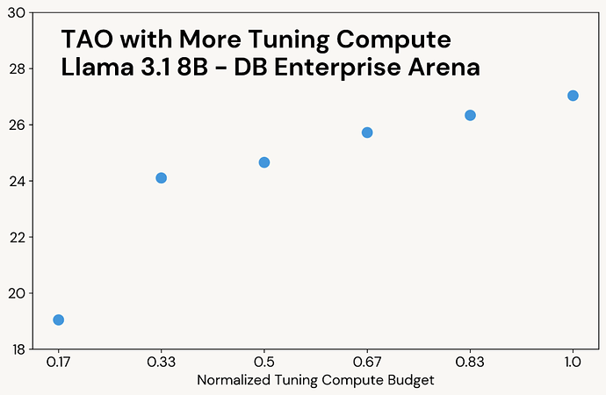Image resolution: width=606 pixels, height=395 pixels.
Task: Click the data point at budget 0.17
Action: coord(59,320)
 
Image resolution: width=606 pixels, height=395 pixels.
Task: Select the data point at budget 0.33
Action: coord(161,178)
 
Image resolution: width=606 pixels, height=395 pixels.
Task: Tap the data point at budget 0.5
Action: coord(264,162)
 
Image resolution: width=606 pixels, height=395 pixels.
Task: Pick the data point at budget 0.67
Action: coord(367,133)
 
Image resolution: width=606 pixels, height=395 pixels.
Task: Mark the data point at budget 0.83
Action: coord(470,115)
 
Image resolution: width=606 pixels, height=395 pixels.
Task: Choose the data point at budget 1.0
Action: coord(573,96)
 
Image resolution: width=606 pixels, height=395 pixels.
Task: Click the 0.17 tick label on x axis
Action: coord(59,361)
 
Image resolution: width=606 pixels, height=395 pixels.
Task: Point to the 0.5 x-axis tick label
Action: coord(264,361)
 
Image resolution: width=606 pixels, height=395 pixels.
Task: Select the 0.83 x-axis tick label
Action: coord(470,361)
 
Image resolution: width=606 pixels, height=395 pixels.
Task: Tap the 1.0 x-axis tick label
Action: coord(573,361)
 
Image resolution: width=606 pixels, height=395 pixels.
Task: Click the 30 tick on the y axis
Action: coord(18,12)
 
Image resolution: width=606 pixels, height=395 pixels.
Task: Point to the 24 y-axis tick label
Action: coord(18,181)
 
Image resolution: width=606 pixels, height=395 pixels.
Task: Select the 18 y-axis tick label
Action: coord(18,349)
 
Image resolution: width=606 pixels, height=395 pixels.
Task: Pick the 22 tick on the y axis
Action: coord(18,237)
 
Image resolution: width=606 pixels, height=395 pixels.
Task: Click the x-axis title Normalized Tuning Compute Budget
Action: coord(315,380)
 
